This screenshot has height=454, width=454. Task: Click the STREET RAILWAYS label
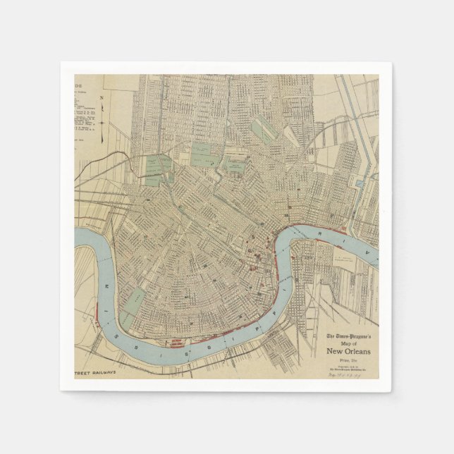tap(95, 372)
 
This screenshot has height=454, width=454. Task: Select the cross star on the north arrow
tap(102, 121)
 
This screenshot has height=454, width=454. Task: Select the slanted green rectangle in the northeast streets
tap(264, 130)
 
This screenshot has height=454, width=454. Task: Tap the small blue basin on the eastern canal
tap(361, 183)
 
